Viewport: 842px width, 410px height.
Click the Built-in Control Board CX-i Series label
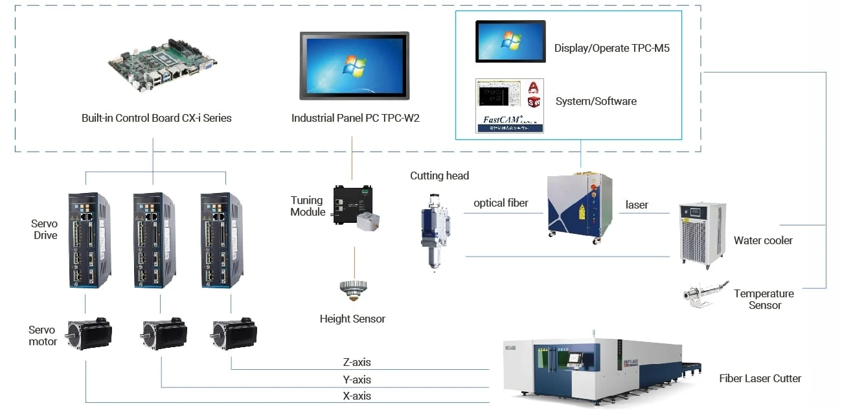(x=156, y=118)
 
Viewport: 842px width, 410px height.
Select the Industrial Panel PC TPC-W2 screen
(x=354, y=65)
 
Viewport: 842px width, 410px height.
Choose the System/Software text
(x=596, y=101)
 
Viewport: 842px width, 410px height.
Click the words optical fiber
(x=501, y=203)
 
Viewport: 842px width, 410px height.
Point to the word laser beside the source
(x=637, y=205)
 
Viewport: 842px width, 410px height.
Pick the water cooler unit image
(x=702, y=233)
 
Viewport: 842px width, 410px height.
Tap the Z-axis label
(x=357, y=363)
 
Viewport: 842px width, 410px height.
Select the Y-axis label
(x=357, y=380)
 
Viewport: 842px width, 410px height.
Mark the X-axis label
(x=357, y=396)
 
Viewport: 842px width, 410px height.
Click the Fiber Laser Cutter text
(x=760, y=378)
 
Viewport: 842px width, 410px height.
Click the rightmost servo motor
(x=233, y=333)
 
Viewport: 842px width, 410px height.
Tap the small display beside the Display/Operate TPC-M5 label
(x=510, y=41)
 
